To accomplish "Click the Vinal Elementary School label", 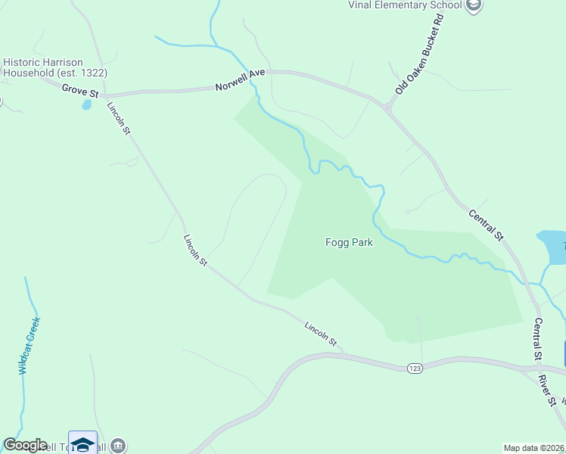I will (405, 5).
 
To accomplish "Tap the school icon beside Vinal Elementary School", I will (474, 5).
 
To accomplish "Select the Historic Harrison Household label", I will (54, 67).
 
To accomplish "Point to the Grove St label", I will (80, 91).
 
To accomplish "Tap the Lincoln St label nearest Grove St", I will (119, 119).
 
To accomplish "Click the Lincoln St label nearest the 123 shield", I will (321, 333).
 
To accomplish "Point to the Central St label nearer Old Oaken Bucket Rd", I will (486, 225).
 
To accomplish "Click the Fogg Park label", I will (349, 243).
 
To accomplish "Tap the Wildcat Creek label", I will (29, 346).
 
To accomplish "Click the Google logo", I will (25, 445).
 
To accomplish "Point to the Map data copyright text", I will (534, 448).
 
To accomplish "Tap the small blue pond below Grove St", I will (86, 104).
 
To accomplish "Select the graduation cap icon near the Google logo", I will (82, 443).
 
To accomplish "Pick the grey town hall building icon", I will (117, 446).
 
